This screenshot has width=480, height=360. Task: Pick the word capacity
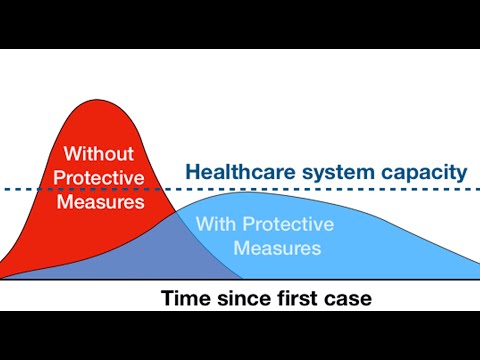(x=423, y=172)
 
